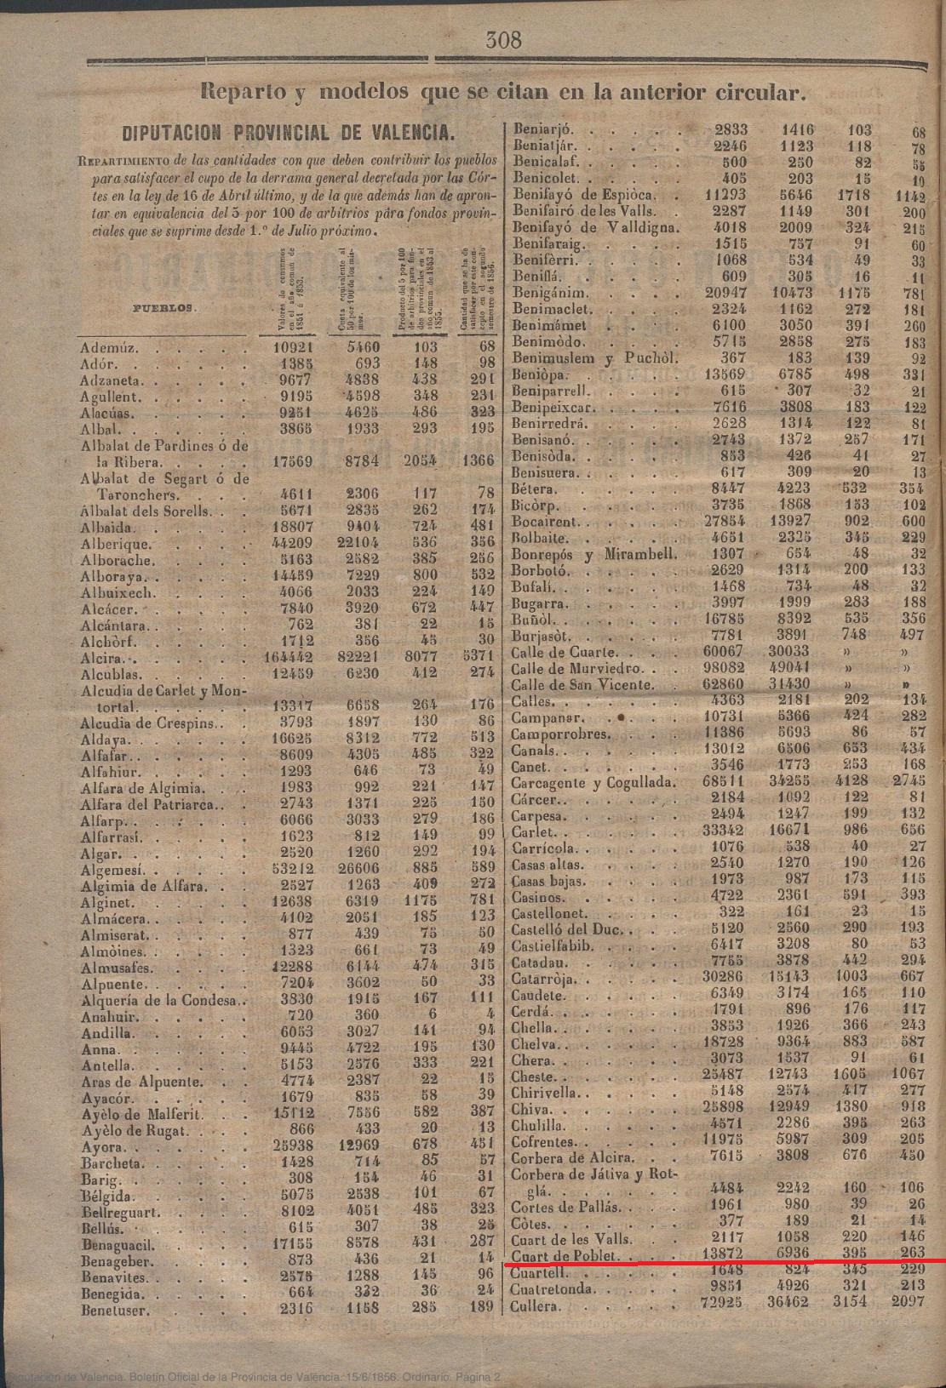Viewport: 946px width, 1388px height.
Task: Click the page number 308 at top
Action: (x=502, y=39)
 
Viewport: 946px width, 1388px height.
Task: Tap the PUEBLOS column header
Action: (x=164, y=306)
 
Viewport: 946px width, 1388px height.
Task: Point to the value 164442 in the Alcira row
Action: (x=290, y=658)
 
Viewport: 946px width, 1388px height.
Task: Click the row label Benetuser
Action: (x=116, y=1311)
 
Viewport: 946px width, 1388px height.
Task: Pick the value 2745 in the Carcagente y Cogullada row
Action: (x=908, y=782)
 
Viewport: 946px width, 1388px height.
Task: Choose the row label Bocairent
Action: (x=545, y=522)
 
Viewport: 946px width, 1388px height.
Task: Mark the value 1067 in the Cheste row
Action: (x=907, y=1075)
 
